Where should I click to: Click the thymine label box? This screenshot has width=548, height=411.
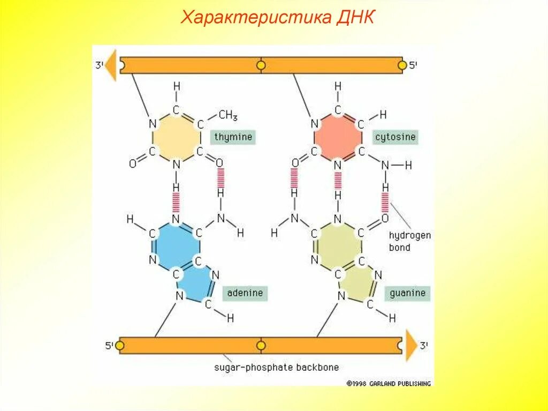click(233, 137)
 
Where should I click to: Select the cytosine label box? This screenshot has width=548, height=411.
click(395, 137)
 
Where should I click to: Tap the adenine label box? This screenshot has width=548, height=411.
click(245, 293)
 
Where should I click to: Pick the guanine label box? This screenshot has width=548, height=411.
click(407, 293)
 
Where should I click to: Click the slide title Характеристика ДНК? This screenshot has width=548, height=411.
click(278, 17)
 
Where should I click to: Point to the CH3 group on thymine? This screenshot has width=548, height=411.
click(228, 115)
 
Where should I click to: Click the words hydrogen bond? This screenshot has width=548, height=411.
click(409, 241)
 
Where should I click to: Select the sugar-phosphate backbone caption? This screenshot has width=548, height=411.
click(276, 368)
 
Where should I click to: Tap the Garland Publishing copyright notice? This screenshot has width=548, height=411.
click(389, 383)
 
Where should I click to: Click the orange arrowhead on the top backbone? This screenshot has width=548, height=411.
click(111, 65)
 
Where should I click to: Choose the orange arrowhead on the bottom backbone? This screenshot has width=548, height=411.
click(410, 346)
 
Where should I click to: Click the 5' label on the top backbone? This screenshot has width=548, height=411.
click(413, 65)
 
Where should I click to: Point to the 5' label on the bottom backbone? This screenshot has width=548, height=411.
click(109, 346)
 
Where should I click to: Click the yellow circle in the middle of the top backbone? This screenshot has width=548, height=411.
click(261, 65)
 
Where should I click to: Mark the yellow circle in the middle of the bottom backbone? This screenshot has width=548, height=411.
click(261, 346)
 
